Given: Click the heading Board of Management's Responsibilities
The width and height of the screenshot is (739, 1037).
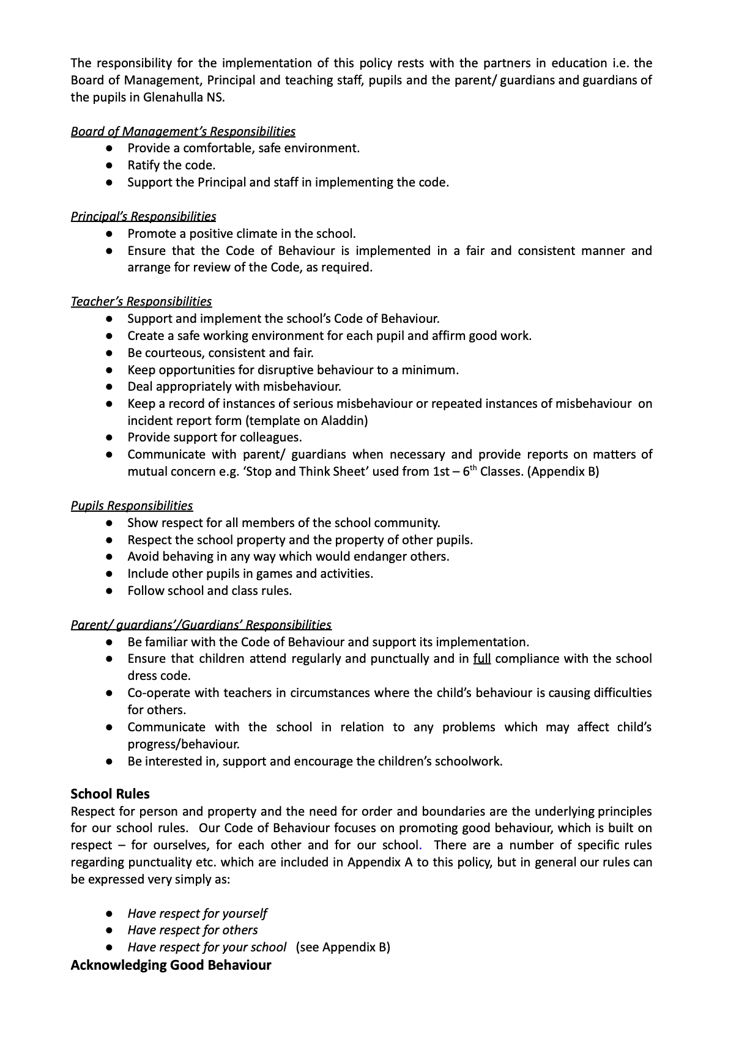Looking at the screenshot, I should point(183,131).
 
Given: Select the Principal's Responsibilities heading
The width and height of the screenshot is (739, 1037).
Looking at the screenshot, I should point(143,216).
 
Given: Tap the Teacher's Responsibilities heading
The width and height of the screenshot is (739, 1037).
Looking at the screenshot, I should point(141,301).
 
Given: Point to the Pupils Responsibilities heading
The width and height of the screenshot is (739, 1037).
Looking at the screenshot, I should point(132,506).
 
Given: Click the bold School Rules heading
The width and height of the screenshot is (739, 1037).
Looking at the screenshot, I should point(110,794).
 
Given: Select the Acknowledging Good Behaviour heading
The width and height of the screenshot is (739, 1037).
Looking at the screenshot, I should point(171,965).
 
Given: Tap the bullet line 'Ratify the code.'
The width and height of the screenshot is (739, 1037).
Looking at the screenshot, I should point(171,165).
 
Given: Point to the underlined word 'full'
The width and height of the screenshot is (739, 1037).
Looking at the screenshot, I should point(482,659).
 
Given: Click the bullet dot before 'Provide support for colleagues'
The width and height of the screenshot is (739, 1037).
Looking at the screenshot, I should point(109,438).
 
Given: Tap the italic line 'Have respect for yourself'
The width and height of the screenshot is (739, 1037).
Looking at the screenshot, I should point(197,913).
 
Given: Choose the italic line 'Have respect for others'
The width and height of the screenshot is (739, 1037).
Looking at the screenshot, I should point(193,930).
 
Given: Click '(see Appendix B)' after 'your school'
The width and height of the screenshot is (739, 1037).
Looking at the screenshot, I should point(343,947).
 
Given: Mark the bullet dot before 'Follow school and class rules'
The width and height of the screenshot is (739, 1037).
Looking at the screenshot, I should point(109,591).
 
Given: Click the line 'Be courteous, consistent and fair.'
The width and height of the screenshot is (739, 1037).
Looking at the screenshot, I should point(220,353).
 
